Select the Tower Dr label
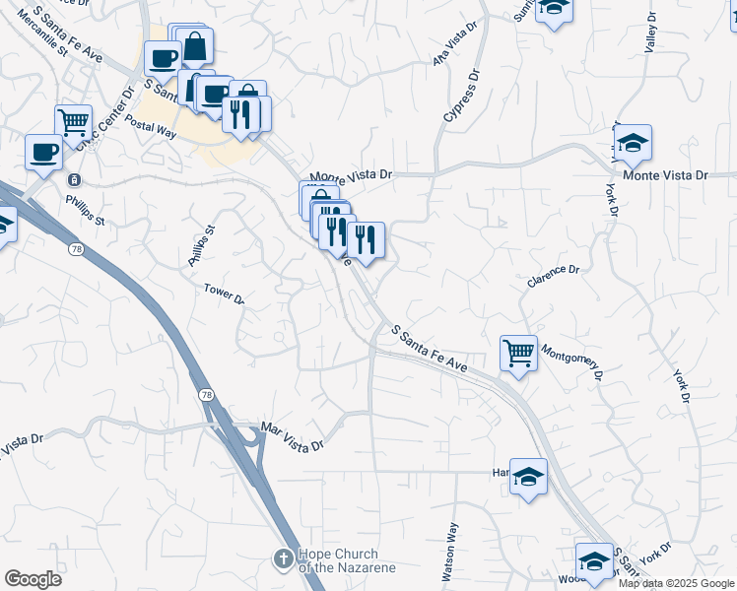(x=224, y=294)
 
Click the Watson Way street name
(x=450, y=551)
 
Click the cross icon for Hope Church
(x=283, y=558)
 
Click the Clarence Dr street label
(x=553, y=275)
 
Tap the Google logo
(x=33, y=579)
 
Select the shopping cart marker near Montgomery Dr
(x=518, y=352)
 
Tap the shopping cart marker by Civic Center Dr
(x=73, y=122)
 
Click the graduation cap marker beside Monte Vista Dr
(x=633, y=142)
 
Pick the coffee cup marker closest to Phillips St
(x=43, y=152)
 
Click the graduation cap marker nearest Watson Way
(x=529, y=477)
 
